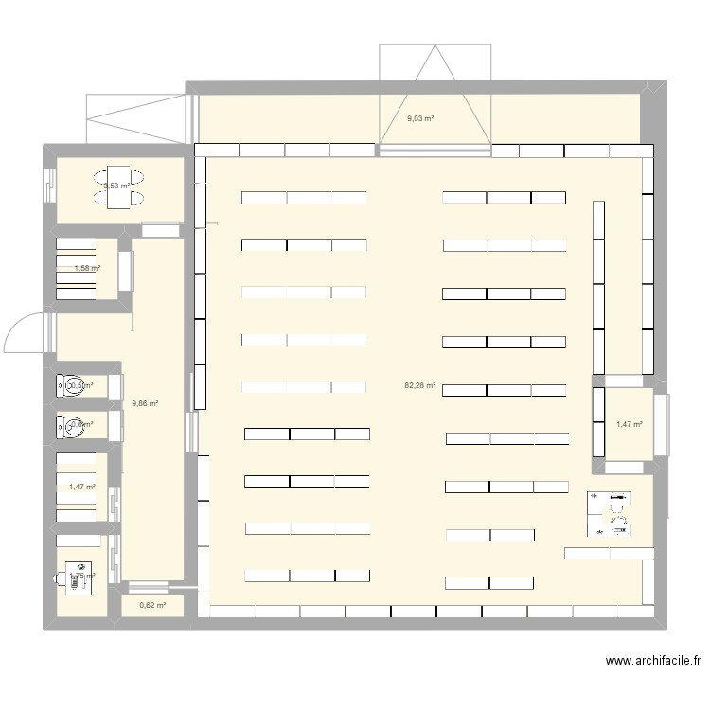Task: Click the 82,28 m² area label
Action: point(419,386)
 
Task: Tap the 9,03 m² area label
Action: point(419,118)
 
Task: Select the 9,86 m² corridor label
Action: point(144,403)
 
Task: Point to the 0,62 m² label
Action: point(151,606)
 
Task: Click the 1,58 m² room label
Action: point(86,268)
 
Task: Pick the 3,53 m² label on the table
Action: point(117,186)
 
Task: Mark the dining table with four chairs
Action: point(119,186)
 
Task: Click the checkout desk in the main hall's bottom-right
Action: point(608,553)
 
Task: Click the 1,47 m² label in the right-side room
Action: point(629,425)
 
